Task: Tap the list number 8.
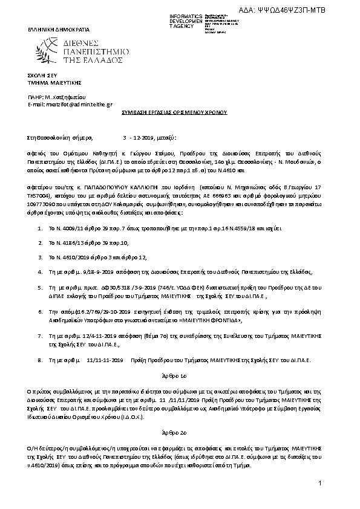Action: (40, 359)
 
